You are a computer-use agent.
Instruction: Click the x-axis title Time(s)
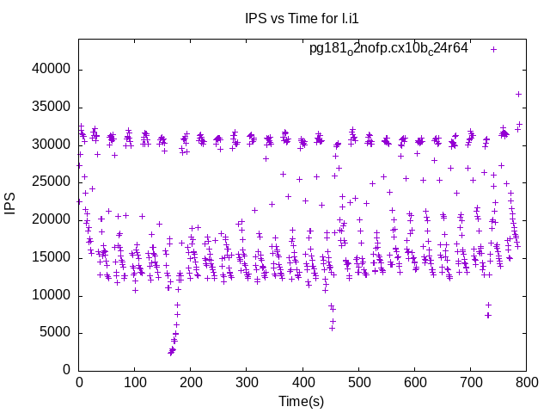pyautogui.click(x=301, y=401)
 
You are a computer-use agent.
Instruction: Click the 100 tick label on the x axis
pyautogui.click(x=135, y=381)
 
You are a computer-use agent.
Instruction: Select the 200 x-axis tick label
pyautogui.click(x=191, y=381)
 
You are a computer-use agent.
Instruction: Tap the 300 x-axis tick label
pyautogui.click(x=247, y=381)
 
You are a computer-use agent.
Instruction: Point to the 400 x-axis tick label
pyautogui.click(x=302, y=381)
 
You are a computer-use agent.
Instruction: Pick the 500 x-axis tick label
pyautogui.click(x=359, y=381)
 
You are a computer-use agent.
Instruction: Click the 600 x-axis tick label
pyautogui.click(x=415, y=381)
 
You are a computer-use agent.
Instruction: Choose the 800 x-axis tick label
pyautogui.click(x=527, y=381)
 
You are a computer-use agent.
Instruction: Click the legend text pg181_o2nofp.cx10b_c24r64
pyautogui.click(x=388, y=49)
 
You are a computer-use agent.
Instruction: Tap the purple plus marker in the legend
pyautogui.click(x=493, y=49)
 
